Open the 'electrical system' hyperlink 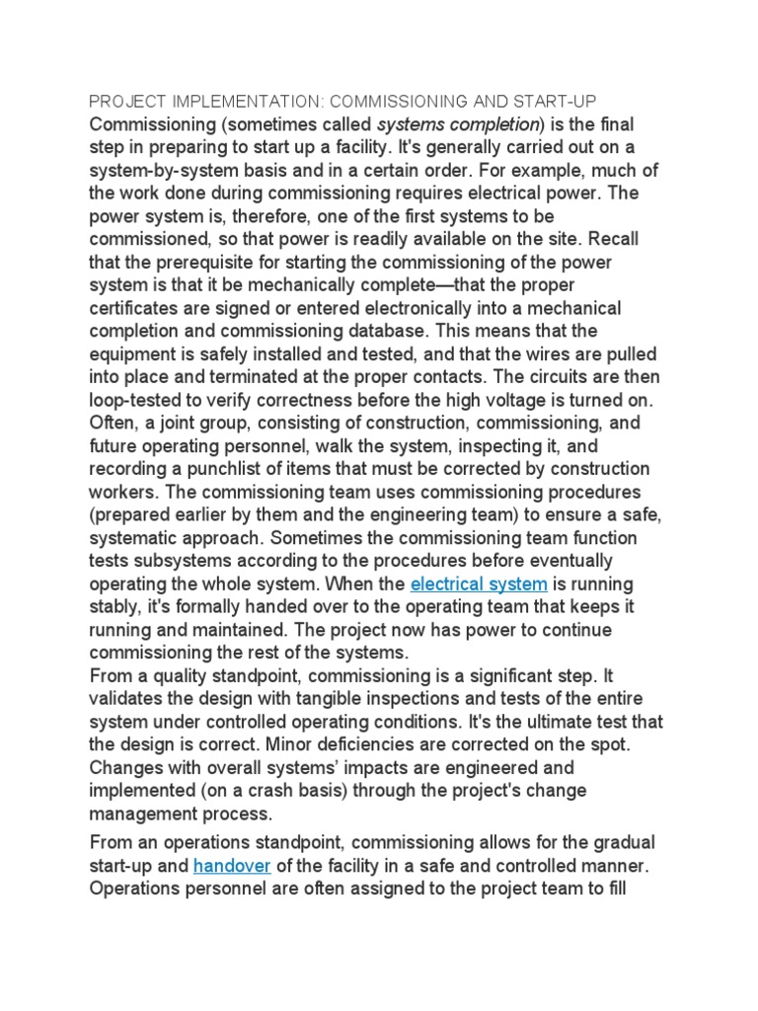479,583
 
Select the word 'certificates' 135,309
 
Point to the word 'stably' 115,606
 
